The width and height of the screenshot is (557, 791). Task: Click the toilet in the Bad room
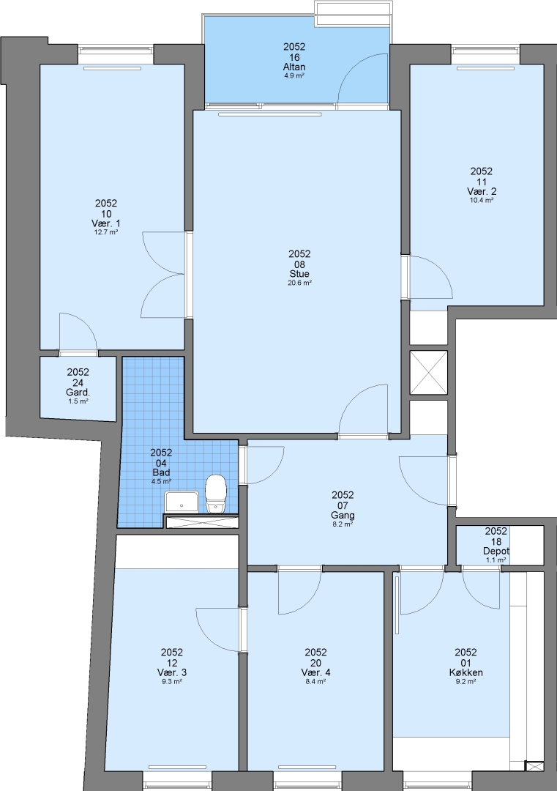pos(216,494)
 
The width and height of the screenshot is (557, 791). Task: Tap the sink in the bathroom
pos(182,503)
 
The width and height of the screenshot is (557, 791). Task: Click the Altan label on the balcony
pos(294,67)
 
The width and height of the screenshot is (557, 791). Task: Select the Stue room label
pos(299,274)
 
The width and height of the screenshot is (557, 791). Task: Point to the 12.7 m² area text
pos(106,233)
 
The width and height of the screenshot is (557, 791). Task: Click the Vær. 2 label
pos(482,192)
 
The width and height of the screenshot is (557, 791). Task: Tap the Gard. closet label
pos(78,393)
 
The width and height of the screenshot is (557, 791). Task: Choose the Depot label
pos(496,552)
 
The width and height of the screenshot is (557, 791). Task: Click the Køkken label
pos(466,672)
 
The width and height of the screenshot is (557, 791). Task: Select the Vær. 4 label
pos(315,672)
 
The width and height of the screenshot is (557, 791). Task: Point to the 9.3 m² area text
pos(172,682)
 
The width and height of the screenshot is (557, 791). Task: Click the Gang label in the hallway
pos(343,516)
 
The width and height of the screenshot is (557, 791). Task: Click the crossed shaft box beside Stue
pos(428,373)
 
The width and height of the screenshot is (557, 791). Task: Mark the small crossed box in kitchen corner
pos(532,766)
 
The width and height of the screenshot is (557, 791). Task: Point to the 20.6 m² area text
pos(299,283)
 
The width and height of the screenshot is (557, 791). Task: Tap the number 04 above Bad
pos(161,463)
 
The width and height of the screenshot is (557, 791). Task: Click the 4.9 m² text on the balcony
pos(294,76)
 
